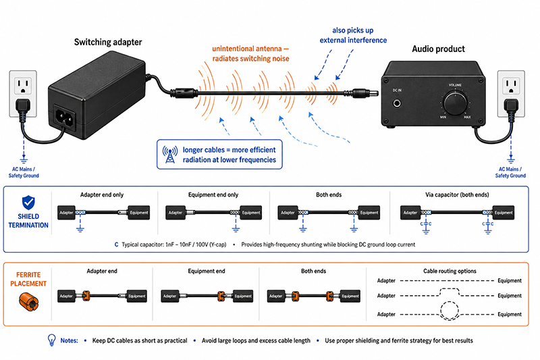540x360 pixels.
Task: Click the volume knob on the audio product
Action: click(x=455, y=103)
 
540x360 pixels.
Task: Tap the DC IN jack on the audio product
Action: click(x=397, y=103)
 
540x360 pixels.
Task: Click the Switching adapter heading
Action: click(x=108, y=42)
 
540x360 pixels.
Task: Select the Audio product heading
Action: click(x=438, y=49)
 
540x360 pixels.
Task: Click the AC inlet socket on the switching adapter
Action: click(x=65, y=118)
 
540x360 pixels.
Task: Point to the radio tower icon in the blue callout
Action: click(x=170, y=155)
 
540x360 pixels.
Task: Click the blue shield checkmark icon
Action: click(x=28, y=203)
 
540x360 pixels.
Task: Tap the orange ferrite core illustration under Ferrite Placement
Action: click(x=28, y=301)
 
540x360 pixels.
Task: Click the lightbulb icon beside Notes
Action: click(x=52, y=340)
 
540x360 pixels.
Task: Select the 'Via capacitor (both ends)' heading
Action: click(x=457, y=195)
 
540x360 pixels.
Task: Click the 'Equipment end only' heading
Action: click(x=213, y=195)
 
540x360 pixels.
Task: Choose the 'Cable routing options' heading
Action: click(x=450, y=271)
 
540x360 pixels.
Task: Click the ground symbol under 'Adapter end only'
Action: click(x=80, y=228)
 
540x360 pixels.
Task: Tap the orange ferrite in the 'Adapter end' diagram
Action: click(x=86, y=296)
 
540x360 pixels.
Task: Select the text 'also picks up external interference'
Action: click(x=353, y=35)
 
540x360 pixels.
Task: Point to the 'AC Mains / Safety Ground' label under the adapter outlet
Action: click(x=24, y=172)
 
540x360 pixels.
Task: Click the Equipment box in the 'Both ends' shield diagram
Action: click(x=369, y=213)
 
